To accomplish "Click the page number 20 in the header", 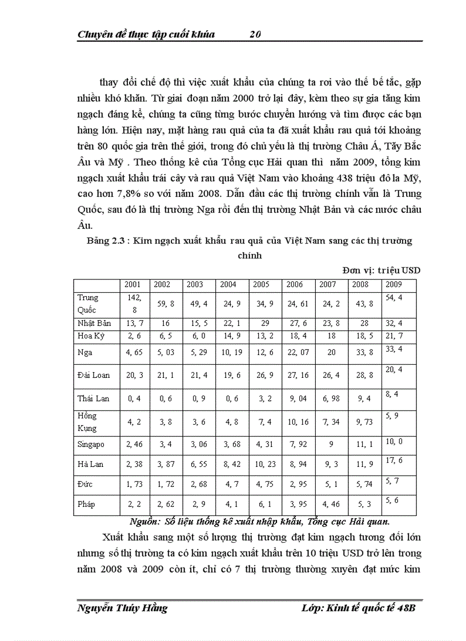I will click(255, 34).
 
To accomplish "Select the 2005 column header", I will click(261, 284).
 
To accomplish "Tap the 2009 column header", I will click(393, 284).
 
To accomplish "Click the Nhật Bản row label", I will click(94, 323).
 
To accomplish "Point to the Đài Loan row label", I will click(94, 375).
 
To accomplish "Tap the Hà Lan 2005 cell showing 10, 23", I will click(264, 464).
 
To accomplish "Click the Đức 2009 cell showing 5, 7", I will click(393, 481).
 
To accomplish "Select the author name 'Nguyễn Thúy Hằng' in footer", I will click(122, 608).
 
